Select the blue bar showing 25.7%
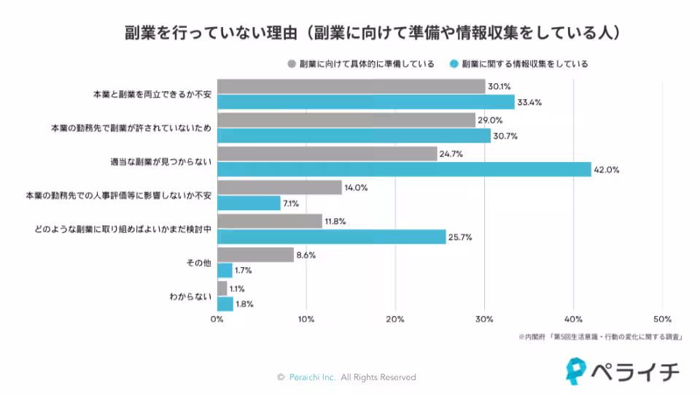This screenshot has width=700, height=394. (331, 236)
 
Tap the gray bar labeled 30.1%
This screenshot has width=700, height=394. (351, 86)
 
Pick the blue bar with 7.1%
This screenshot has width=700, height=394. (249, 203)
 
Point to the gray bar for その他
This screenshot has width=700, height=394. (255, 255)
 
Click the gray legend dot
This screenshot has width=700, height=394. (292, 64)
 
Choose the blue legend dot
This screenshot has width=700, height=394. (454, 64)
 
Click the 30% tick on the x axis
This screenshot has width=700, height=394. (484, 320)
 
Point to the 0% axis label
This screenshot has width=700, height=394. (217, 320)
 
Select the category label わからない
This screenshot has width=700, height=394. (190, 297)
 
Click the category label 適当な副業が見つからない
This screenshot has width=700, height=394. (158, 162)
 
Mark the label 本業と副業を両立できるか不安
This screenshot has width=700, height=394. (152, 95)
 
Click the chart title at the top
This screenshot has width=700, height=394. (372, 33)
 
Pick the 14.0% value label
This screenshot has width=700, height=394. (357, 188)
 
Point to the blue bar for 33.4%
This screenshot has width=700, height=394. (365, 102)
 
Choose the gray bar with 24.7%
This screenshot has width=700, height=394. (327, 154)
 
